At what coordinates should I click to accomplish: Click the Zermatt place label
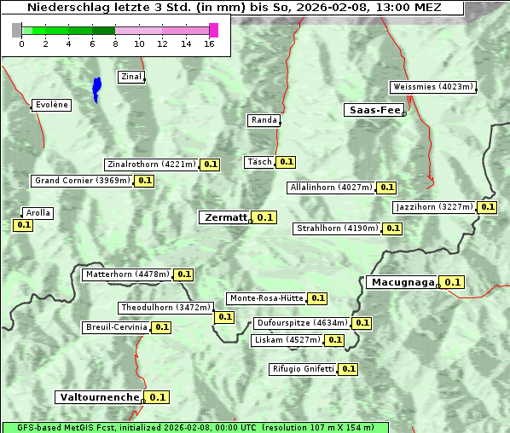coord(225,217)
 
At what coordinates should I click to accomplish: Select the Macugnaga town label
coord(402,282)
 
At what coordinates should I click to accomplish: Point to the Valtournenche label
coord(98,397)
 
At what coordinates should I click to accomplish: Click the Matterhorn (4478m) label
coord(127,274)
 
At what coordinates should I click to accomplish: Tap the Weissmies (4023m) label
coord(432,87)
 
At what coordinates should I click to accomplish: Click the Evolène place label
coord(51,105)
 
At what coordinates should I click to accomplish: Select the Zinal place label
coord(131,77)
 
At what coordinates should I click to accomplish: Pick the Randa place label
coord(264,120)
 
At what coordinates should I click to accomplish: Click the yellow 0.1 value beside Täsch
coord(287,162)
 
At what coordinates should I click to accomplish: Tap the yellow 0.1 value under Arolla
coord(23,225)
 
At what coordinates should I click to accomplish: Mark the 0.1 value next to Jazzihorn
coord(487,207)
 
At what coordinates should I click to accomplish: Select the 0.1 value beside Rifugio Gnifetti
coord(348,369)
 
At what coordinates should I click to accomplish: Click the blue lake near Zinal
coord(96,88)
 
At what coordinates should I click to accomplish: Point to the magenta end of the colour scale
coord(213,30)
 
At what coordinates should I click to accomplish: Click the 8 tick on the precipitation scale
coord(115,43)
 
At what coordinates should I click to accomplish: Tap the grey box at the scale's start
coord(17,30)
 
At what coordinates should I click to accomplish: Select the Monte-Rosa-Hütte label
coord(266,298)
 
